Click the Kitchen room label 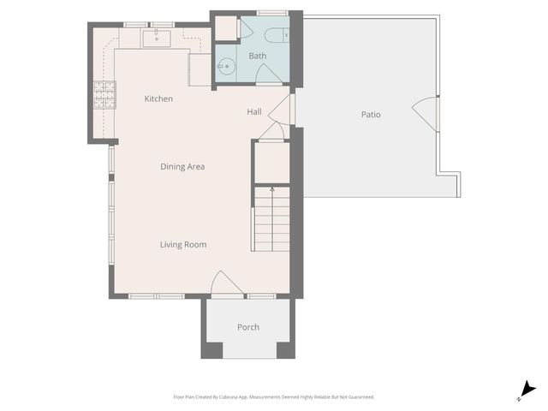[158, 99]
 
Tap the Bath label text [258, 57]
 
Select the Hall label [254, 112]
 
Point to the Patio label [370, 115]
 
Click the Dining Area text [182, 167]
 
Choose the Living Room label [183, 245]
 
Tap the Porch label [248, 327]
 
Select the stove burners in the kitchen [103, 94]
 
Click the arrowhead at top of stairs [272, 187]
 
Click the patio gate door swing [426, 112]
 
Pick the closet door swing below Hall [271, 130]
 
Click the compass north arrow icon [529, 390]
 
